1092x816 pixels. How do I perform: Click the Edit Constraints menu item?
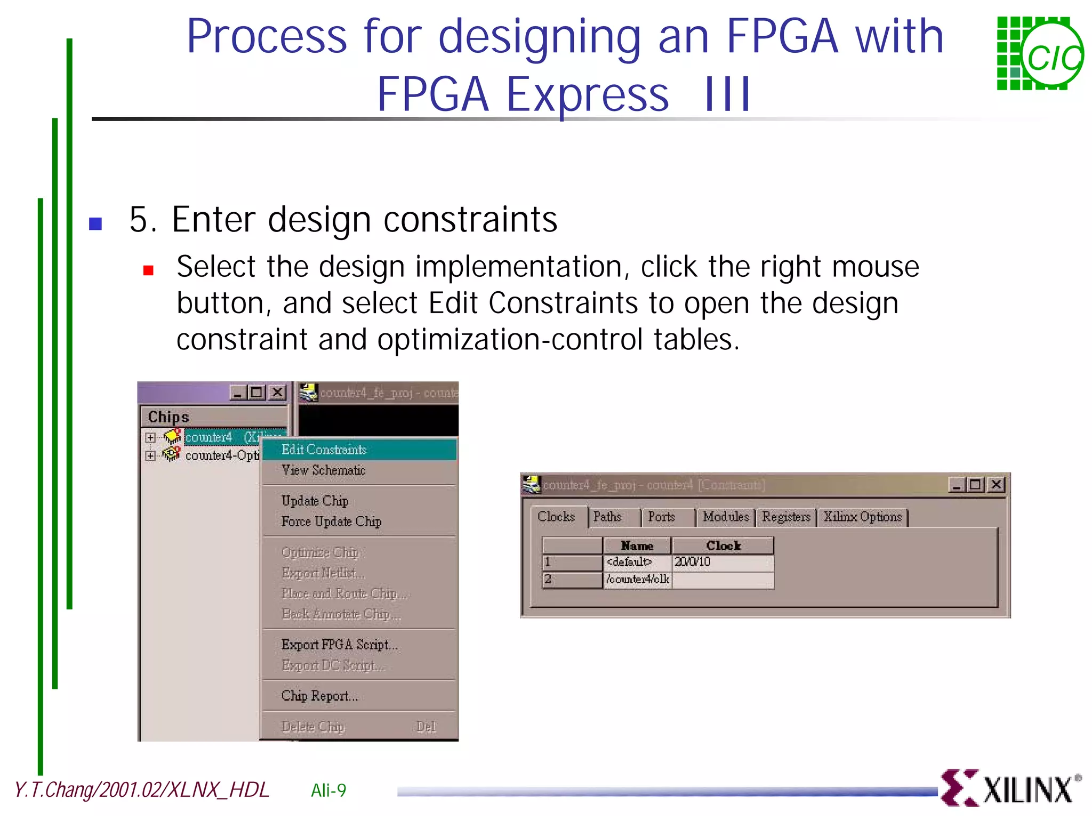click(x=324, y=450)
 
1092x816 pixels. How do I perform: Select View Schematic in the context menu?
click(x=323, y=470)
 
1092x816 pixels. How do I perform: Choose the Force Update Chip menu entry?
click(x=331, y=522)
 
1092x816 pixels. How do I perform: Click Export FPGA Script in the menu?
click(x=339, y=645)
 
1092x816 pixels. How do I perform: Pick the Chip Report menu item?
click(x=319, y=696)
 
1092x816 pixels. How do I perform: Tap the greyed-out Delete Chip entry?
click(x=314, y=727)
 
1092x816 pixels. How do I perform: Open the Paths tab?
click(x=607, y=517)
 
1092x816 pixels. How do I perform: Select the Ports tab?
click(x=661, y=517)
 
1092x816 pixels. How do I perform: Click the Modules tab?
click(x=726, y=517)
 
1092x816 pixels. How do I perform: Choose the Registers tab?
click(x=786, y=517)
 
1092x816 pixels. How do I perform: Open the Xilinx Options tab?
click(x=862, y=517)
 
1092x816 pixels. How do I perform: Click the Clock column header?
click(x=723, y=546)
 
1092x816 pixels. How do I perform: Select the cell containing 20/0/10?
click(x=722, y=562)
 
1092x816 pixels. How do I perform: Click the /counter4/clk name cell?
click(x=638, y=579)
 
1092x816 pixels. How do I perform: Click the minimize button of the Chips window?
click(x=238, y=393)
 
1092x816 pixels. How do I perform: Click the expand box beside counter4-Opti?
click(x=150, y=456)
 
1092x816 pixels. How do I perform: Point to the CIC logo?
click(x=1039, y=53)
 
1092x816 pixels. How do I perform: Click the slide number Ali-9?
click(x=328, y=790)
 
